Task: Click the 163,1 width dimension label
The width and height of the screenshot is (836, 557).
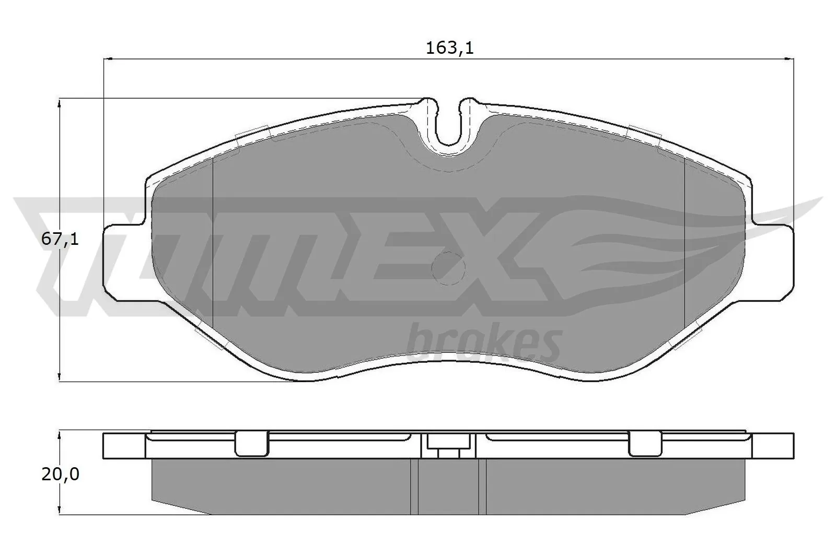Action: point(449,49)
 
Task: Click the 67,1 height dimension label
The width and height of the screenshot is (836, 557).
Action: point(60,240)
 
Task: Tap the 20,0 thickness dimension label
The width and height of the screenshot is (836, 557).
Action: point(60,475)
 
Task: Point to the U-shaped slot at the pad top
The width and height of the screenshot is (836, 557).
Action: point(449,125)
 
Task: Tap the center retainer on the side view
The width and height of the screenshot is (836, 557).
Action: point(449,446)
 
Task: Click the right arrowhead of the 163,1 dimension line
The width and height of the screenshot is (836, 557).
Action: point(790,59)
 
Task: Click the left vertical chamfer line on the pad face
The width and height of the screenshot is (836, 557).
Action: point(213,240)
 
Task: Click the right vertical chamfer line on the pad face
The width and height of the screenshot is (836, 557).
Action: point(684,240)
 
